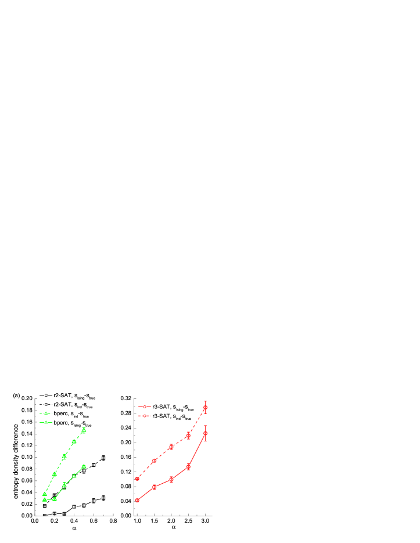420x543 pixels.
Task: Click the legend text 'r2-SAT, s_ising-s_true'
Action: coord(73,395)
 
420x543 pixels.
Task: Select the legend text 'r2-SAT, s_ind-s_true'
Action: coord(72,405)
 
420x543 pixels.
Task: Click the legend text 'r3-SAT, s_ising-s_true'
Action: coord(172,407)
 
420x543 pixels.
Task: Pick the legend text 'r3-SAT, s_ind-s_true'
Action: coord(171,416)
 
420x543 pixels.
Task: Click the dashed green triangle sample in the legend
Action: coord(45,413)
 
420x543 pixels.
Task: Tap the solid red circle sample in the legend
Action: coord(145,416)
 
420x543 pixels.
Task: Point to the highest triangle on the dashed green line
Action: coord(84,430)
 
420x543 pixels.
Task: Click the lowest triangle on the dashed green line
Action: coord(45,494)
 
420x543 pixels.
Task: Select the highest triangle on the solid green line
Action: coord(84,466)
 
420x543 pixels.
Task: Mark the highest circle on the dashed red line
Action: coord(205,408)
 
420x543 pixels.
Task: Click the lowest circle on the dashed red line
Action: coord(137,479)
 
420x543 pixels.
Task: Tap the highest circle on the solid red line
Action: coord(205,433)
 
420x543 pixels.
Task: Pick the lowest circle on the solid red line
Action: coord(137,500)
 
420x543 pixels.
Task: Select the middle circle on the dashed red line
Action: coord(171,447)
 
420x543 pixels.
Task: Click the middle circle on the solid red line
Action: coord(171,480)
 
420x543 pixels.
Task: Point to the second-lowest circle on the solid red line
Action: coord(154,487)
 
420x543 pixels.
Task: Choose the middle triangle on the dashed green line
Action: coord(64,456)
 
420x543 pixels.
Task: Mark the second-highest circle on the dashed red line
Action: coord(188,436)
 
